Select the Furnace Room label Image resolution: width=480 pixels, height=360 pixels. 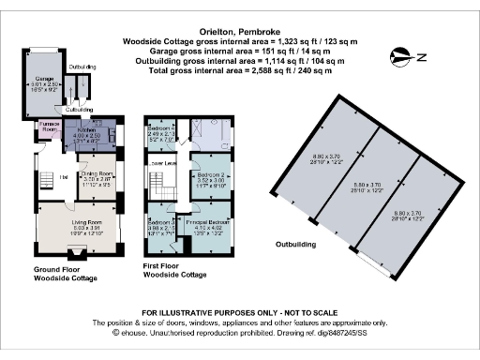(49, 127)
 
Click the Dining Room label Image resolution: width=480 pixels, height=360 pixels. (97, 174)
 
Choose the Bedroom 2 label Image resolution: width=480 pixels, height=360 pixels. (210, 174)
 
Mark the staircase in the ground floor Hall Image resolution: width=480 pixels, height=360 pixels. (46, 178)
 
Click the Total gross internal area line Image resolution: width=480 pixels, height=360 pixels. (236, 69)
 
